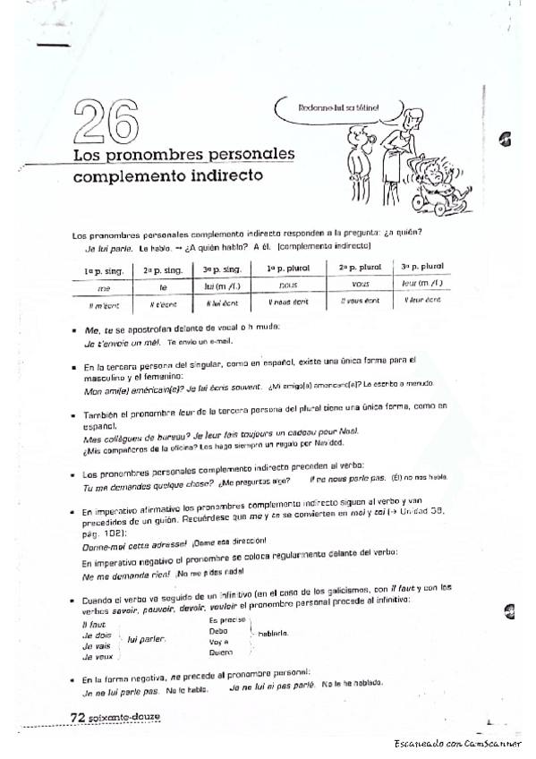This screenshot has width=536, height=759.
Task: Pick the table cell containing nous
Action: (287, 285)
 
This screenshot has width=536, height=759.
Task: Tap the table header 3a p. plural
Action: (423, 268)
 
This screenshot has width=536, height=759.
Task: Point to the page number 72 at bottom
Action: (80, 716)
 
